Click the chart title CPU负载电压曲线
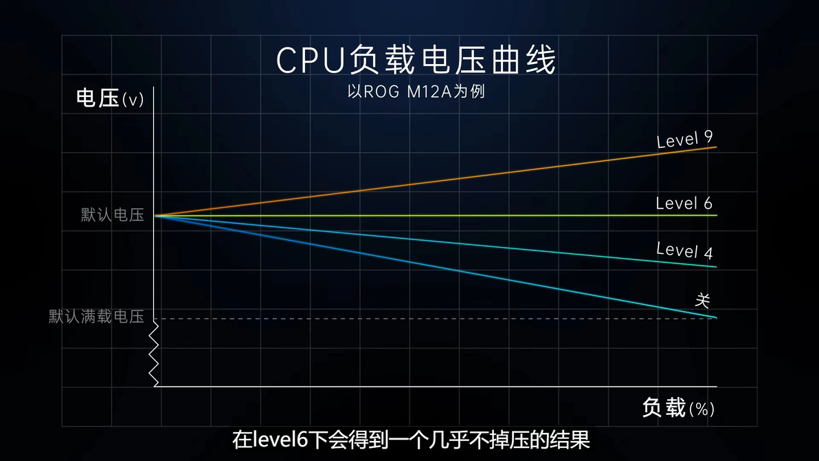416,61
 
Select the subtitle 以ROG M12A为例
416,92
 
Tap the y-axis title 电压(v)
110,99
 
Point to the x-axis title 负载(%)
678,408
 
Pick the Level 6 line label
684,204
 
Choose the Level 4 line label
684,250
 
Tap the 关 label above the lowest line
702,301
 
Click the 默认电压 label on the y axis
113,215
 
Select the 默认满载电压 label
96,317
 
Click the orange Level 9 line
440,181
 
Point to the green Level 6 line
440,215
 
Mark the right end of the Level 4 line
715,266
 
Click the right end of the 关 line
715,317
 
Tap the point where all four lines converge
156,215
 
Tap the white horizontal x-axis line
440,386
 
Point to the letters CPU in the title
310,61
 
